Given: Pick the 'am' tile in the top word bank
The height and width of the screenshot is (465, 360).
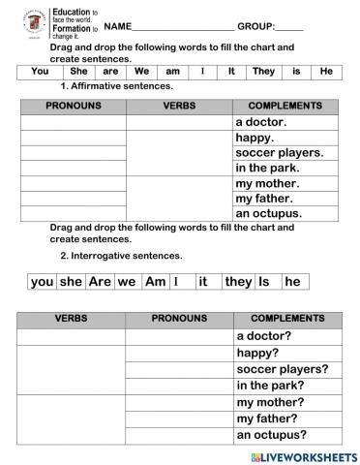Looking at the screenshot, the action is click(174, 71).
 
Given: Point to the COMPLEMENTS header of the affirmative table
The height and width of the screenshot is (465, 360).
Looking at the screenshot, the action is click(285, 106).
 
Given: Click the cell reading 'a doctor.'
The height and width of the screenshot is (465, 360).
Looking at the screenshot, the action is click(261, 123).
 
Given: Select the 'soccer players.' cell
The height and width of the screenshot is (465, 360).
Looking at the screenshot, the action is click(279, 153).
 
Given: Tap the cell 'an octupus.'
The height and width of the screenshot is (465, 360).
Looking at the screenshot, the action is click(269, 213).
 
